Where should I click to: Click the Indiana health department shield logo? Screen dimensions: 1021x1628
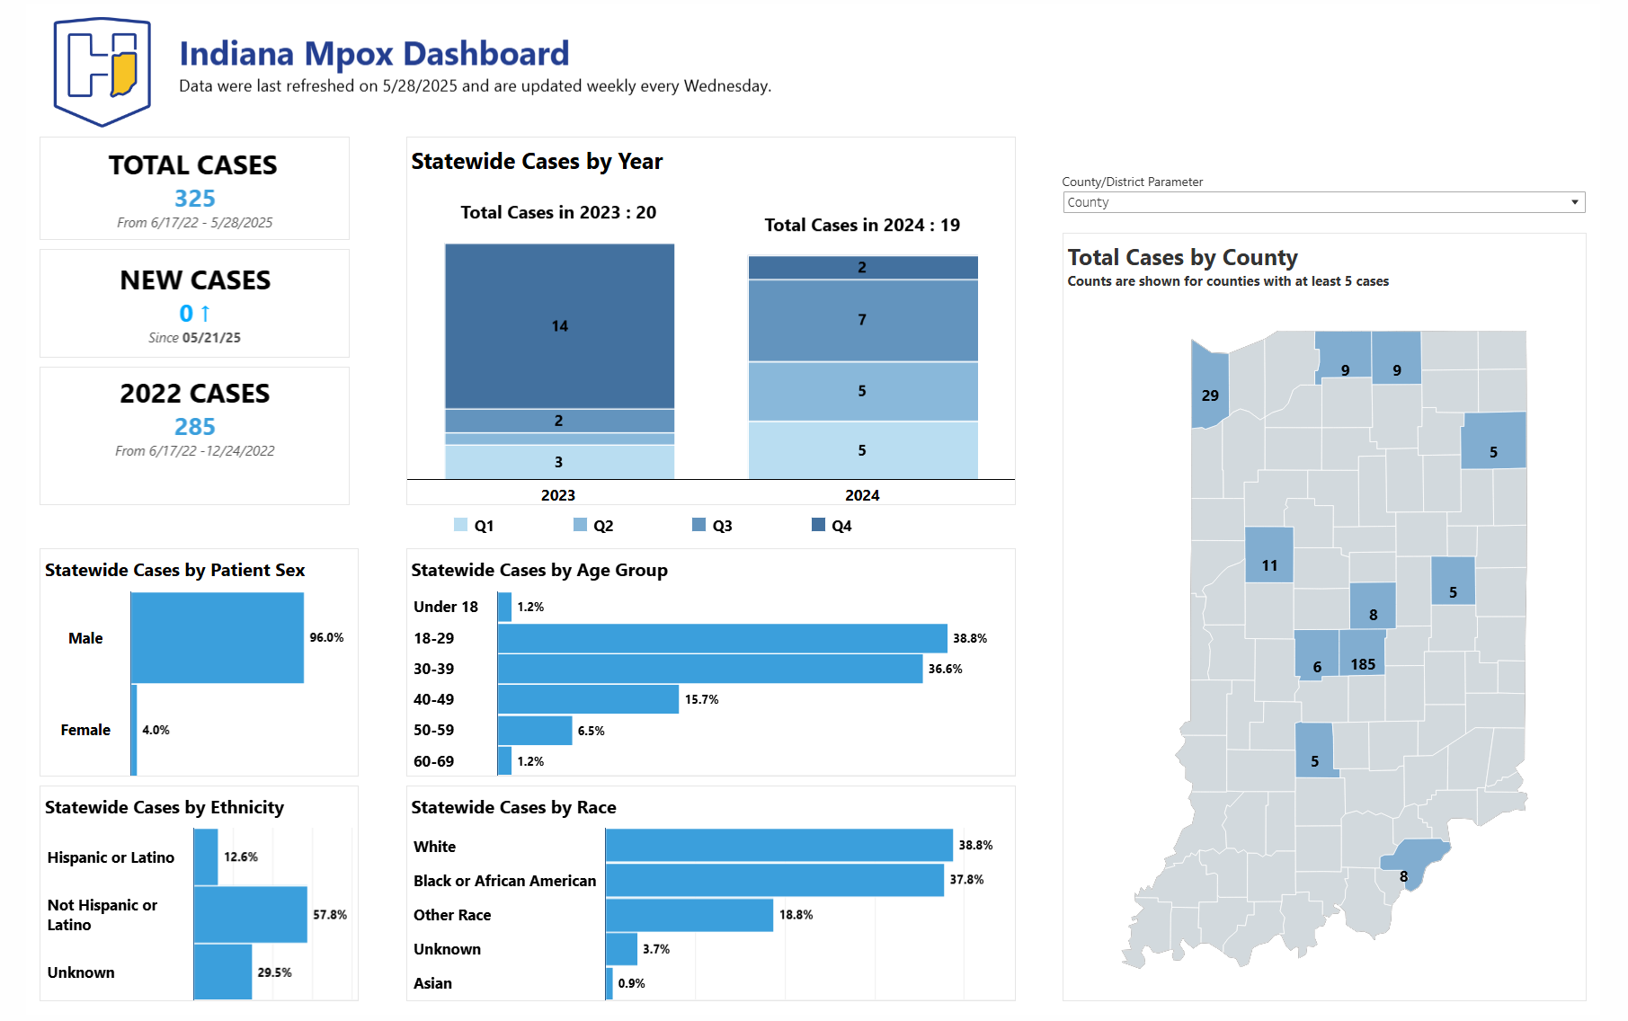point(102,71)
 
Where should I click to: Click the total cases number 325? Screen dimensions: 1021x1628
point(194,198)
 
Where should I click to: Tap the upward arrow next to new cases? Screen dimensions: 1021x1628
point(206,313)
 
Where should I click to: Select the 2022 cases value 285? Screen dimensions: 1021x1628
point(194,426)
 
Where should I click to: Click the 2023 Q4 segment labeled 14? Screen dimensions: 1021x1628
point(559,325)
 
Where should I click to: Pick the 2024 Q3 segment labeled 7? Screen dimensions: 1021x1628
point(862,320)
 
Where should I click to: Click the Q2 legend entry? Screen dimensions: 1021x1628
point(593,526)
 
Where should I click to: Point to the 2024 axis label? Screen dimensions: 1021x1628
point(861,495)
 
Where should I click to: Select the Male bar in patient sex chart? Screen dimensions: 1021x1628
point(217,637)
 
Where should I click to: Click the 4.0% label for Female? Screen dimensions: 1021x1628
point(156,730)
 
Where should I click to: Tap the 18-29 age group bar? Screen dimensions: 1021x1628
point(722,638)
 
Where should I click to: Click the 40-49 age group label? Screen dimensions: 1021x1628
point(433,699)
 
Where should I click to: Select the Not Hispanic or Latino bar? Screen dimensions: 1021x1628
point(250,914)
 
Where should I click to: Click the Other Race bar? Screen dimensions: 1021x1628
point(689,915)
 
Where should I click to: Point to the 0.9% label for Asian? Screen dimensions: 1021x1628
point(631,983)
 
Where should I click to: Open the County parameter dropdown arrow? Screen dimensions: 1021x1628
point(1574,202)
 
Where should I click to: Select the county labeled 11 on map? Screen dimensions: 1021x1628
point(1268,555)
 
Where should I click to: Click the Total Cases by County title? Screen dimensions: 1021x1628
point(1182,257)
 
